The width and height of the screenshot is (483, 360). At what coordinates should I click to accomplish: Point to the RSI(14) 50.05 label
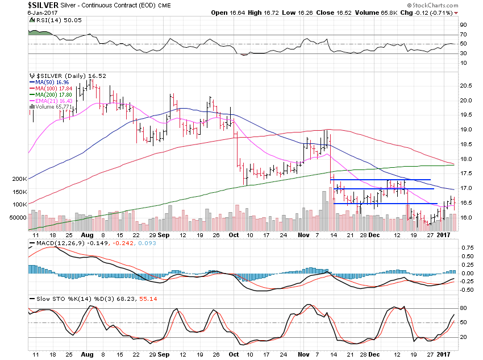click(51, 20)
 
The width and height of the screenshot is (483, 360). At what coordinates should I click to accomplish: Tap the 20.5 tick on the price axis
click(466, 85)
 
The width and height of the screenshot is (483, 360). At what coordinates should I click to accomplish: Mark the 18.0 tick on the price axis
click(466, 159)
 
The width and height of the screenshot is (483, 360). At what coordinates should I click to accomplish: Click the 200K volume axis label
click(18, 179)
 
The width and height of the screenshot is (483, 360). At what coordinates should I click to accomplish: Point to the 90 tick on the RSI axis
click(463, 24)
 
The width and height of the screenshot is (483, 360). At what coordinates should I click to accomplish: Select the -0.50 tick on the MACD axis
click(467, 289)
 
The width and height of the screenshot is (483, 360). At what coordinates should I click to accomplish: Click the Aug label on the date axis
click(86, 235)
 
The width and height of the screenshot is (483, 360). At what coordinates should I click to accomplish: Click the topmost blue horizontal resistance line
click(381, 180)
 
